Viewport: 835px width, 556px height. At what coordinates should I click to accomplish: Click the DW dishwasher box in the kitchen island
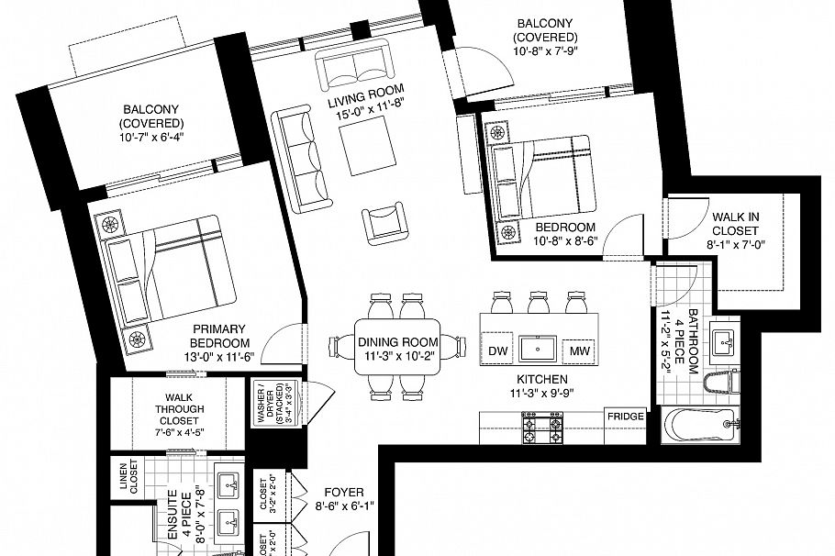click(x=498, y=350)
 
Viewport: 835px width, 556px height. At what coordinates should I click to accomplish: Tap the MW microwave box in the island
click(x=579, y=350)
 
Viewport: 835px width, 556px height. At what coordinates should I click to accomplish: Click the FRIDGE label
click(x=624, y=417)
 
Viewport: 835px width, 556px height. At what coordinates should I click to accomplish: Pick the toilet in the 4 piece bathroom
click(x=725, y=383)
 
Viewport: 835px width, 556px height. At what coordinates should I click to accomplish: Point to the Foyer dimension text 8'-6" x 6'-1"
click(x=344, y=506)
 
